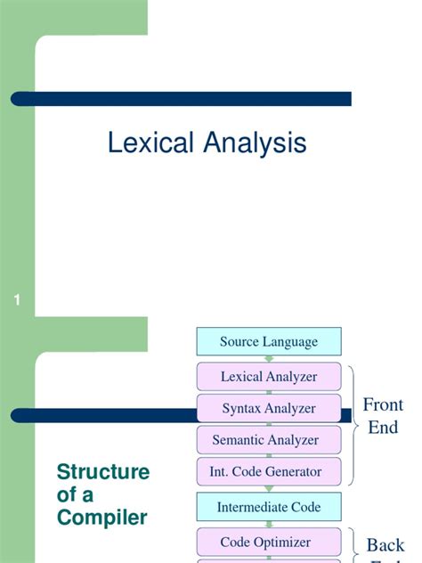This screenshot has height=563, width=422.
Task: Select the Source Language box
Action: click(x=268, y=342)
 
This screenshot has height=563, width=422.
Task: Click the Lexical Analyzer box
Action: click(x=268, y=377)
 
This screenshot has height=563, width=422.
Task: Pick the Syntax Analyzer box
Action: click(x=268, y=409)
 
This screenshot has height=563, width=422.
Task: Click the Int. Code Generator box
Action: click(x=268, y=471)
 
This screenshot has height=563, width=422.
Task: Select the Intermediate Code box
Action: click(x=268, y=507)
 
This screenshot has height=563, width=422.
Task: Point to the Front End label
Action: click(x=383, y=416)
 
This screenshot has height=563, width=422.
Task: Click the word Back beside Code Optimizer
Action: click(x=385, y=545)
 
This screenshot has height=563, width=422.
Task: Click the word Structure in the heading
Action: click(x=103, y=472)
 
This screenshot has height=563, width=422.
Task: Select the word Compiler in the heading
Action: click(x=101, y=517)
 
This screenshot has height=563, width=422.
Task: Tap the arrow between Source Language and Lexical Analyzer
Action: click(x=268, y=359)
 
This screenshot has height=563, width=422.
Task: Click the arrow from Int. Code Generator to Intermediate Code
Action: click(x=268, y=489)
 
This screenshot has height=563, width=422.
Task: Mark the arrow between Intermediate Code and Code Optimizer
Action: click(x=268, y=525)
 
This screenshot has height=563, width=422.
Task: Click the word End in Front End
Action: click(x=383, y=427)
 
